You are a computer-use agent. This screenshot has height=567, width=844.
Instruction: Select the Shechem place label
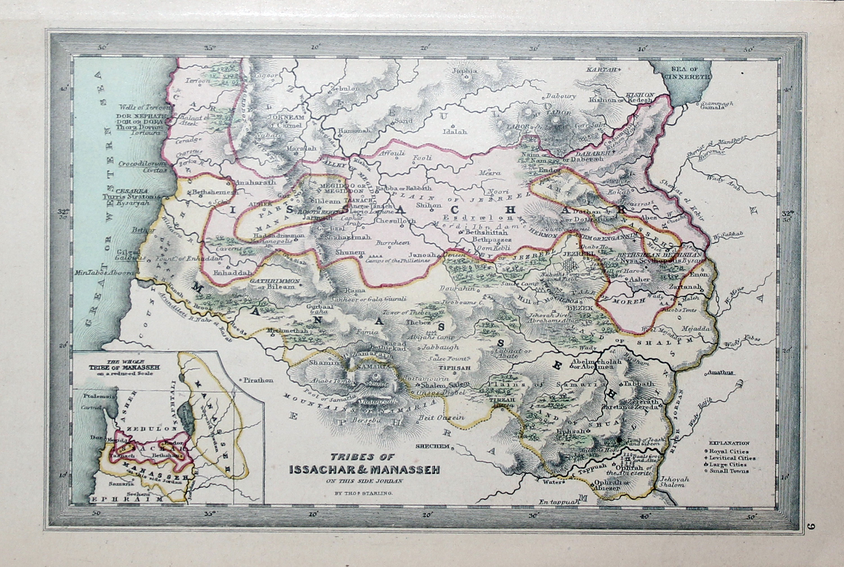coord(432,446)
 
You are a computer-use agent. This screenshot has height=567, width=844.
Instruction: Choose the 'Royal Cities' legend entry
coord(728,451)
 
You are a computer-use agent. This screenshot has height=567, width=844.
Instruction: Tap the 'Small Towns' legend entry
coord(729,471)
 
